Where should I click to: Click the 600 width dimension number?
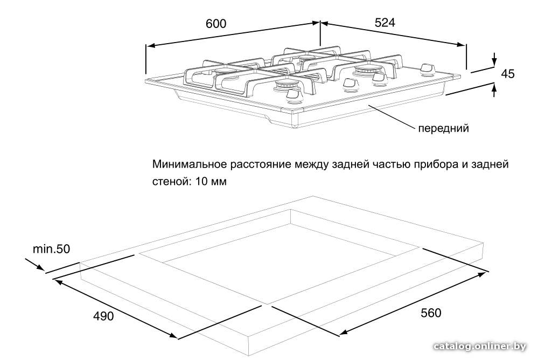click(x=216, y=24)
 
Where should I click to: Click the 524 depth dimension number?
click(x=385, y=23)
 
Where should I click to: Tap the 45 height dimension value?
click(x=508, y=74)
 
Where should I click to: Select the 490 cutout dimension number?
click(x=103, y=316)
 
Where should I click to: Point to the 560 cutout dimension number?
click(x=431, y=313)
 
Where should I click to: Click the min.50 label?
click(x=51, y=249)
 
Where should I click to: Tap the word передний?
click(x=443, y=128)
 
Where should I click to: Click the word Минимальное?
click(x=190, y=164)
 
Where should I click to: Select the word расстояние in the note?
click(x=261, y=165)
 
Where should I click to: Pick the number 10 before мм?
click(x=202, y=181)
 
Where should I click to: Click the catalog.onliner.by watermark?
click(x=479, y=347)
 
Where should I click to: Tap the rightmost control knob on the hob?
click(x=427, y=70)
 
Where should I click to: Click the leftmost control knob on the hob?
click(x=294, y=96)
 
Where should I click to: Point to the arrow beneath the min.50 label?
click(x=34, y=264)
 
